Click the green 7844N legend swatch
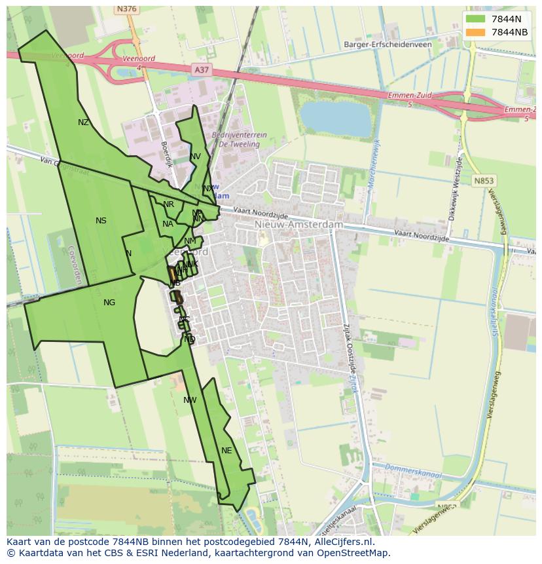click(x=475, y=19)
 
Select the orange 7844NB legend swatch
click(x=475, y=32)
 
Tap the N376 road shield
click(x=126, y=9)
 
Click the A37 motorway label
click(x=202, y=69)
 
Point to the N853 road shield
click(x=485, y=181)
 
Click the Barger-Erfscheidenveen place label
click(x=388, y=45)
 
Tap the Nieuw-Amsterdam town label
click(x=298, y=224)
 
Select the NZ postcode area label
click(x=83, y=122)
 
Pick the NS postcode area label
click(x=101, y=221)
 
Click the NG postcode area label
click(x=109, y=303)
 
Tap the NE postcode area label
click(x=226, y=451)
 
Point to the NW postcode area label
click(x=190, y=400)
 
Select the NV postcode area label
click(x=195, y=157)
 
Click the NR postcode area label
click(x=169, y=205)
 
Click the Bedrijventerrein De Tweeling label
click(x=239, y=139)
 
